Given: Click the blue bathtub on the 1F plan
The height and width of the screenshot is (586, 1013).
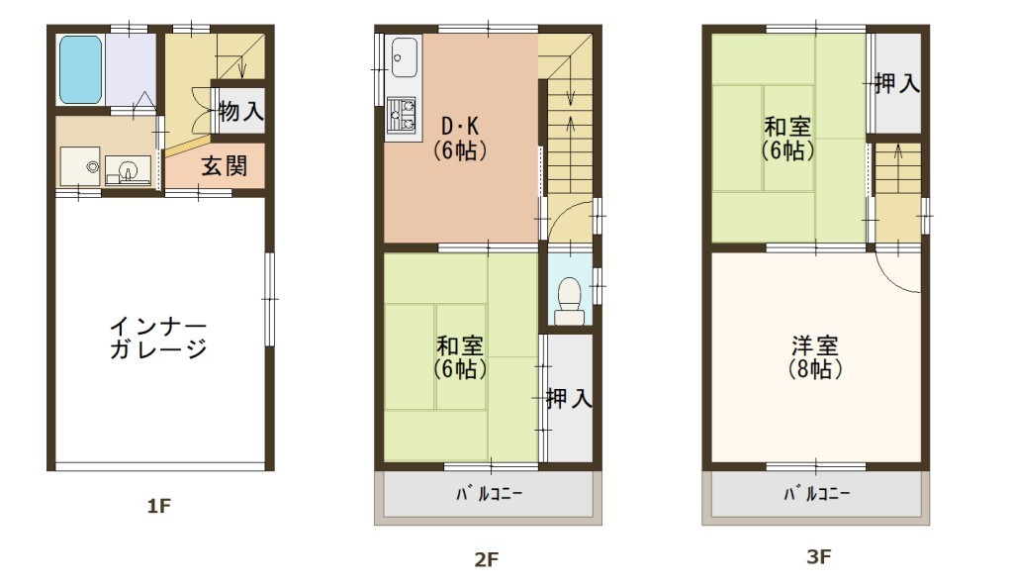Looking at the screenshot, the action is [x=81, y=69].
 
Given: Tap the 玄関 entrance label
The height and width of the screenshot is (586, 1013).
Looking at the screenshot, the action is [x=225, y=166].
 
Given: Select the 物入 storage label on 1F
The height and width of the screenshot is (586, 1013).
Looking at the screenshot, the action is [x=241, y=111].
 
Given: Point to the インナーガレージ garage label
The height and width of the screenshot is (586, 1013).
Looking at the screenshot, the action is [x=158, y=338].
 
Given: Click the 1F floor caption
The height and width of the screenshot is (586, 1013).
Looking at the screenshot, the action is [x=159, y=506].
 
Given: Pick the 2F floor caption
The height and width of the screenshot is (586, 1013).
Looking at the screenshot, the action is [x=487, y=559].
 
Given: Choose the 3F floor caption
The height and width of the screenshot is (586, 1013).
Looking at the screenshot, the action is [x=818, y=556].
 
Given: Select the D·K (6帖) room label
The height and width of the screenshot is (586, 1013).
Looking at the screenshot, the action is [x=459, y=138].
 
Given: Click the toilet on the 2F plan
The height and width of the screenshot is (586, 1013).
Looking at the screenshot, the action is [x=569, y=301].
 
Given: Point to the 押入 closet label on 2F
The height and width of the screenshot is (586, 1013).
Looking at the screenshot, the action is [x=569, y=398].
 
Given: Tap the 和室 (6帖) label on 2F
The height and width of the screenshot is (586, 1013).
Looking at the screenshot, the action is [x=460, y=357].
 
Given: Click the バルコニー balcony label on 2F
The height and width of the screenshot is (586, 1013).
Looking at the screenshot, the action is [x=489, y=494].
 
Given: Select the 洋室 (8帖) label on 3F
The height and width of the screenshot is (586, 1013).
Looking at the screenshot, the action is [x=815, y=357].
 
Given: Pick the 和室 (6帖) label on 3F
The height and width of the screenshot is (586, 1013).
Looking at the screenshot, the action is [x=787, y=138].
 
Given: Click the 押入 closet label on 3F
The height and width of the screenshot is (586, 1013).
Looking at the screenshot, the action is [x=896, y=83].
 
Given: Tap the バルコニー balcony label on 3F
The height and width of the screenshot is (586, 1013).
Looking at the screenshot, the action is [x=816, y=494].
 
